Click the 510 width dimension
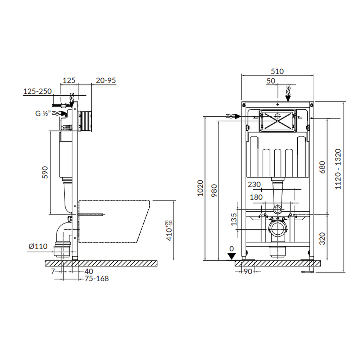point(277,71)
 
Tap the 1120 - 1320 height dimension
point(338,169)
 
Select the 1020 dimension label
point(201,188)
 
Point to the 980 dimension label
point(214,190)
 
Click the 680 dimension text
point(322,167)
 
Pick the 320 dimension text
point(322,239)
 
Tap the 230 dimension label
point(255,184)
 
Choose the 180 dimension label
point(256,197)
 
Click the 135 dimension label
point(234,220)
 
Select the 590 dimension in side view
point(45,172)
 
